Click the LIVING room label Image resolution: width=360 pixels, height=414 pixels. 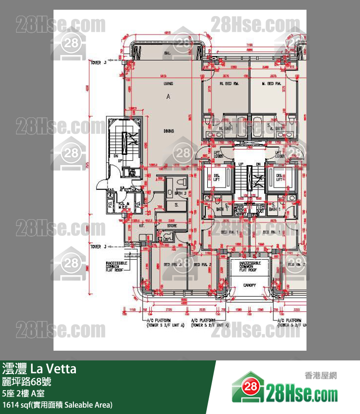(168, 84)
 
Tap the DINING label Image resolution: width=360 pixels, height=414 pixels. (168, 131)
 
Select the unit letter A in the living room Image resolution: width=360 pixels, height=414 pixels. (168, 97)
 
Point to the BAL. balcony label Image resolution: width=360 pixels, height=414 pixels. (167, 53)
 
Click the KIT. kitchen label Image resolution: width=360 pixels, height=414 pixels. (128, 226)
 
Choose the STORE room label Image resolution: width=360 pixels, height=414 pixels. (171, 226)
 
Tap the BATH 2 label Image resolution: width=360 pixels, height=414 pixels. (180, 193)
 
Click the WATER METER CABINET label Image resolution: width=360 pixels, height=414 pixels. (240, 211)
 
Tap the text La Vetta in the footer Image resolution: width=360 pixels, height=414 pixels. (54, 369)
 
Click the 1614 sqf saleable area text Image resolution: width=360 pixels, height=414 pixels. (57, 405)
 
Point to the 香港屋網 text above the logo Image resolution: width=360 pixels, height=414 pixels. (321, 375)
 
